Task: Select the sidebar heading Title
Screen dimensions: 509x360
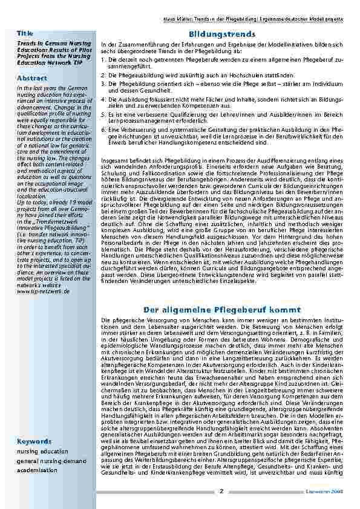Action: (25, 33)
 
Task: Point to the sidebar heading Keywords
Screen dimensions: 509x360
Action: (34, 441)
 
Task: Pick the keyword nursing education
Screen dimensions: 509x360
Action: (42, 451)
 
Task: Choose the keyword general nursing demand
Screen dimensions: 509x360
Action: (51, 460)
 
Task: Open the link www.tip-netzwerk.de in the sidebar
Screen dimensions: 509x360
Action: (43, 291)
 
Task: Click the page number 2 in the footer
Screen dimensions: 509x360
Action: (221, 491)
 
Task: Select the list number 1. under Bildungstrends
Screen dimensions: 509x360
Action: (103, 60)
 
